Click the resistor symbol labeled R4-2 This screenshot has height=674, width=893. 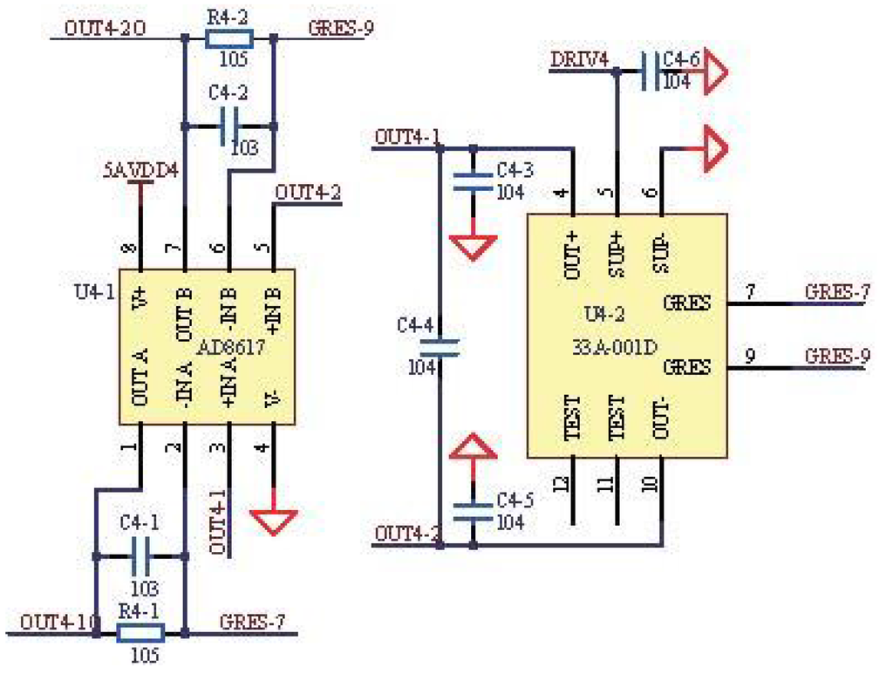(228, 38)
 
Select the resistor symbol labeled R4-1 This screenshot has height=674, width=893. (140, 632)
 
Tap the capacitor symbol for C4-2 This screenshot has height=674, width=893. (228, 126)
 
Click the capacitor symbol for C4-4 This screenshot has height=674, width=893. (439, 347)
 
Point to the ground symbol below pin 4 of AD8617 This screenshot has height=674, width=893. (274, 520)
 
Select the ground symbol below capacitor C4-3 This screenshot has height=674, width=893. (473, 246)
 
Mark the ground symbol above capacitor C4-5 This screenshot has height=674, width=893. (473, 447)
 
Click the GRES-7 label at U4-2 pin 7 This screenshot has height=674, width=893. (836, 292)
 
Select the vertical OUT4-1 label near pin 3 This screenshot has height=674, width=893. (218, 521)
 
